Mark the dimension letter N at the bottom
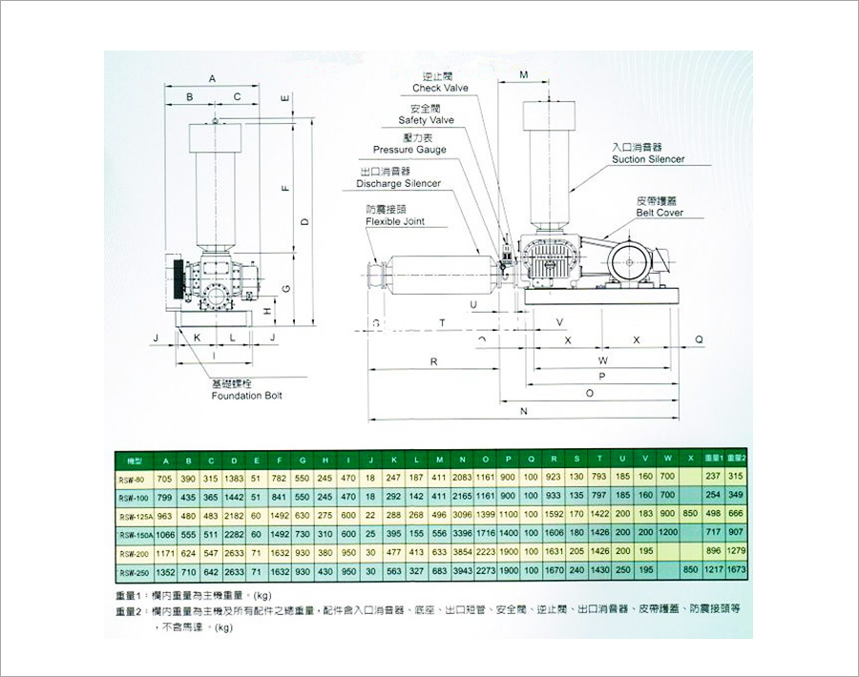(524, 412)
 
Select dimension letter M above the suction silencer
(524, 74)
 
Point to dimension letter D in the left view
(304, 221)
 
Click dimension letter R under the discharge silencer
(433, 361)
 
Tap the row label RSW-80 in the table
(132, 477)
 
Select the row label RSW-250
(132, 572)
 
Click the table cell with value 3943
(463, 572)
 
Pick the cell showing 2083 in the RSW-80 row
(463, 477)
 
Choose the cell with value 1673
(735, 572)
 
